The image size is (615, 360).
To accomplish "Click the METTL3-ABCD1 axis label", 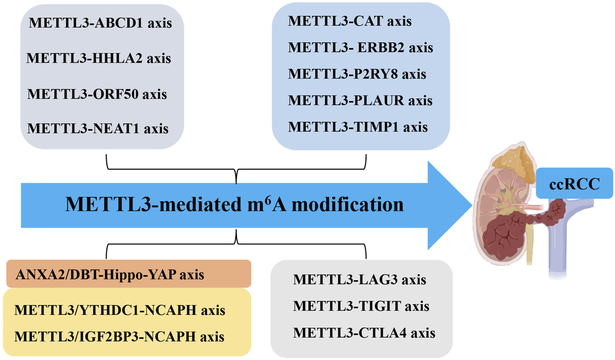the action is [100, 23].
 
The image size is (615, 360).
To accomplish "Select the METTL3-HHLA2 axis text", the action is [99, 58].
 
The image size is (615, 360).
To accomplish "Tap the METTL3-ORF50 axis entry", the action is [97, 93].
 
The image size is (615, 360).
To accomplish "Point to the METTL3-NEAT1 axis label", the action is [98, 128].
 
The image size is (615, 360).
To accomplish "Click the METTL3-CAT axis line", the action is [350, 21].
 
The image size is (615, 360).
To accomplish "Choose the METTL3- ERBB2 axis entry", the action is [361, 48].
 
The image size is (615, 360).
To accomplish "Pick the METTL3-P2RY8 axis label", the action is [357, 74].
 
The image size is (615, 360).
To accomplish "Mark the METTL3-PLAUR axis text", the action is [360, 100].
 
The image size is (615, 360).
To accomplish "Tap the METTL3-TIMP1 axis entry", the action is [358, 127].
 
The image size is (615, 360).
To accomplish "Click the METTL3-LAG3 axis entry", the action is [359, 279].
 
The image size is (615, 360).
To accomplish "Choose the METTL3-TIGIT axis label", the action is [361, 306].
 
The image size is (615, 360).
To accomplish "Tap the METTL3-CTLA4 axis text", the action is [364, 332].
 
